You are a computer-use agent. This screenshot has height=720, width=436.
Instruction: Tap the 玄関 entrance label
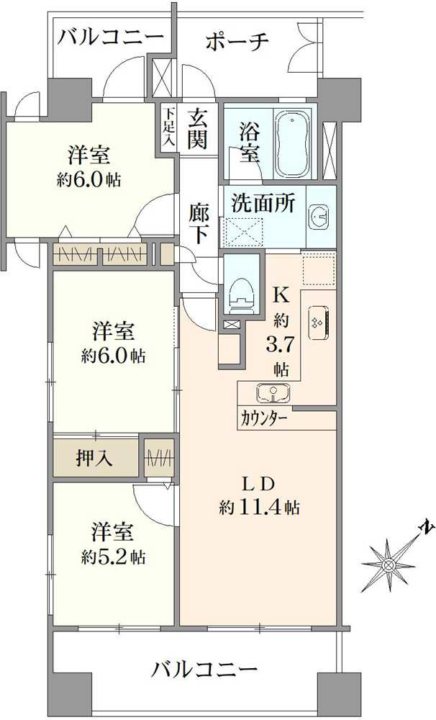pos(198,128)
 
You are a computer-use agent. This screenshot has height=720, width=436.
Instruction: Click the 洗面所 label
pos(262,203)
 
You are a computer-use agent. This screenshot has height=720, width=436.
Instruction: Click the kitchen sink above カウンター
pos(273,393)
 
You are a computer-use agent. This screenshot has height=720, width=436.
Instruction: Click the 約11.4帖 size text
pos(259,507)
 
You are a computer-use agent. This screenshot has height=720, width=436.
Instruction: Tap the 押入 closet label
pos(94,458)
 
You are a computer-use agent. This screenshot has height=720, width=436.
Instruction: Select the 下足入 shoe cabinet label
pos(168,127)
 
